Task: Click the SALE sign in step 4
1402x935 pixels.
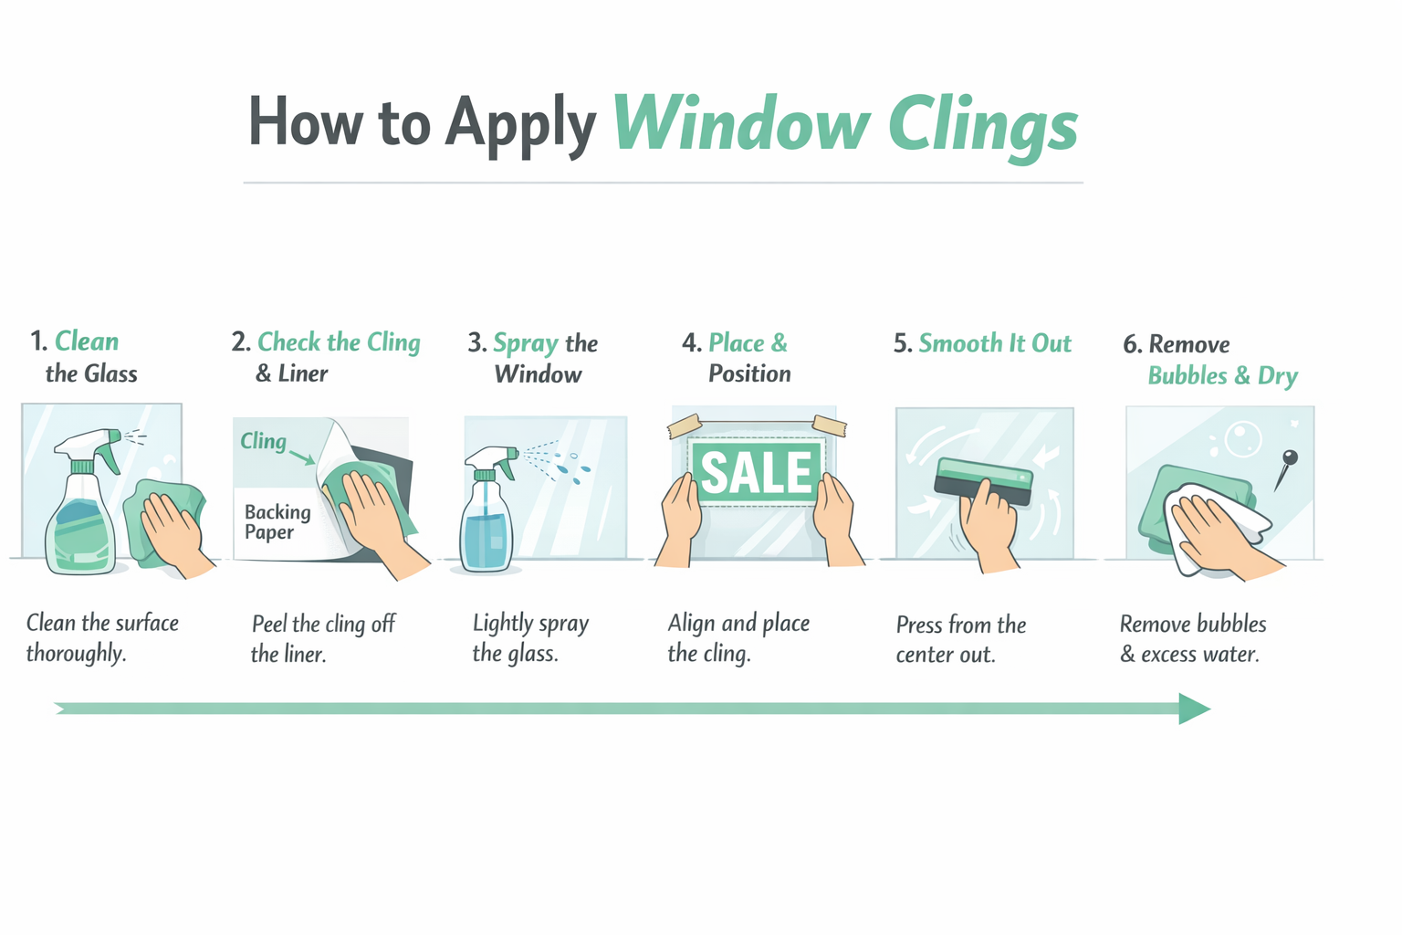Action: (x=756, y=471)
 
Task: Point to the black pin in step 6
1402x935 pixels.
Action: (x=1289, y=458)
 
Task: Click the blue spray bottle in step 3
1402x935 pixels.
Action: (x=487, y=520)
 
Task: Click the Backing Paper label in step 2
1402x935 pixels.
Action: (x=277, y=522)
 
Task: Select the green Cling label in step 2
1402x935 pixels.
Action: (x=263, y=441)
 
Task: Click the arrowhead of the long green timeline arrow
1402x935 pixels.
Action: (x=1193, y=709)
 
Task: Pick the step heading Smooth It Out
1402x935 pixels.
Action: (x=994, y=343)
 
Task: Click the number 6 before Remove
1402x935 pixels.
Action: (x=1130, y=345)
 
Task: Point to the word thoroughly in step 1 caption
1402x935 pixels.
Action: (x=76, y=654)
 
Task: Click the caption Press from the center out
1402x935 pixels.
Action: (x=960, y=639)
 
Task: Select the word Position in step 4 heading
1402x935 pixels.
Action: (x=749, y=373)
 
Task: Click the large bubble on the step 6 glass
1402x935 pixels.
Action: (x=1241, y=438)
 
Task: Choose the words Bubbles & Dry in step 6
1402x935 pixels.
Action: (x=1222, y=376)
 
